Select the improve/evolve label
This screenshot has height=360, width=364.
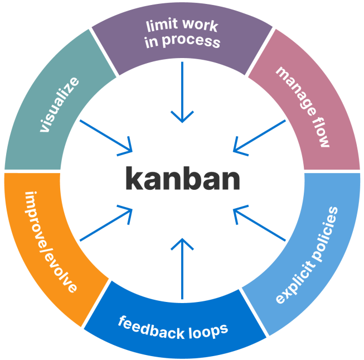tap(51, 242)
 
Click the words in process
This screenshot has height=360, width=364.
tap(182, 41)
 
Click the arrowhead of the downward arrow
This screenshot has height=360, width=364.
tap(182, 117)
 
